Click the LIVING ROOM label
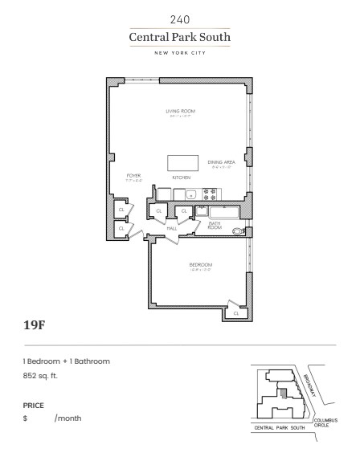[x=180, y=111]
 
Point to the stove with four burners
[x=211, y=194]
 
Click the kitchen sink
[x=191, y=194]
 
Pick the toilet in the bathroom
[x=237, y=232]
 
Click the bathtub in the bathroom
[x=221, y=211]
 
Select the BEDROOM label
[x=200, y=264]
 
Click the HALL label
[x=171, y=228]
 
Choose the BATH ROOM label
[x=215, y=227]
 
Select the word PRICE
[x=34, y=406]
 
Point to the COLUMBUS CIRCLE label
[x=326, y=422]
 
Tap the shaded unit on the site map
[x=283, y=393]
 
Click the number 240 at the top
[x=180, y=18]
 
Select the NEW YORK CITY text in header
[x=180, y=53]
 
